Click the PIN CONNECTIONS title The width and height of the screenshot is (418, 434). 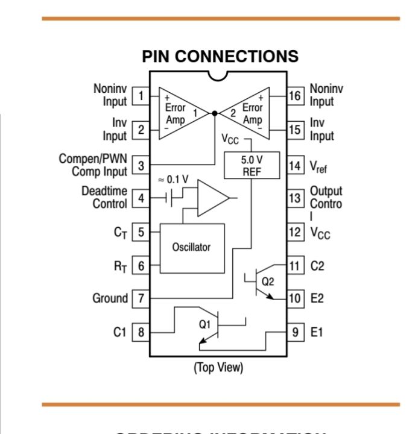[x=220, y=57]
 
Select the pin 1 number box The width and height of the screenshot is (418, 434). [x=141, y=96]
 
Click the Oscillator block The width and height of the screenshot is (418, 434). [x=192, y=248]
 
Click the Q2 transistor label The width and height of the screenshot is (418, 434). [x=267, y=281]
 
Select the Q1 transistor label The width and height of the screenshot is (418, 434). [x=205, y=324]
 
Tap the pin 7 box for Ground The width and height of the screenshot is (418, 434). [x=141, y=298]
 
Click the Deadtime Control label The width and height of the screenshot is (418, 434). [x=104, y=198]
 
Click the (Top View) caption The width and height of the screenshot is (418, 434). [x=218, y=368]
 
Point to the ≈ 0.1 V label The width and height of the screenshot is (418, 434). [x=173, y=180]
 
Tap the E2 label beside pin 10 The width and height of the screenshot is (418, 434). [x=317, y=298]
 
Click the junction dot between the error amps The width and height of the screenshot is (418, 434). [x=215, y=113]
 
